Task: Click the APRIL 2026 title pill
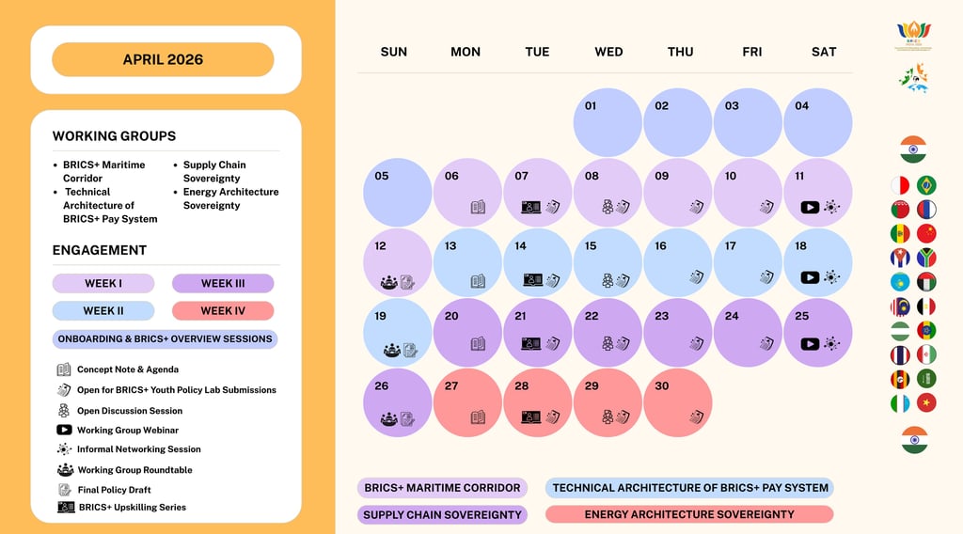pos(163,59)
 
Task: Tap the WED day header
pos(608,52)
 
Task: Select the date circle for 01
pos(608,122)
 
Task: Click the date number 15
pos(591,246)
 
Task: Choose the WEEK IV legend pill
pos(223,310)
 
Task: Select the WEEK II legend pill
pos(103,310)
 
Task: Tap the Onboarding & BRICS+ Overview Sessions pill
pos(165,338)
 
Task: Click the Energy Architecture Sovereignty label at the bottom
pos(689,514)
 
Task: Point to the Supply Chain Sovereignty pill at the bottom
pos(442,514)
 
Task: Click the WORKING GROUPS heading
pos(114,136)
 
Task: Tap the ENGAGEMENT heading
pos(100,250)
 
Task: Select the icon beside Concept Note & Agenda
pos(64,369)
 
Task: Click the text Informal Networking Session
pos(138,449)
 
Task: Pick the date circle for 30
pos(679,402)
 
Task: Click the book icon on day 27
pos(478,416)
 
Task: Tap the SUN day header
pos(394,52)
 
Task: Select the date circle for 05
pos(397,192)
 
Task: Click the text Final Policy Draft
pos(114,490)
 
